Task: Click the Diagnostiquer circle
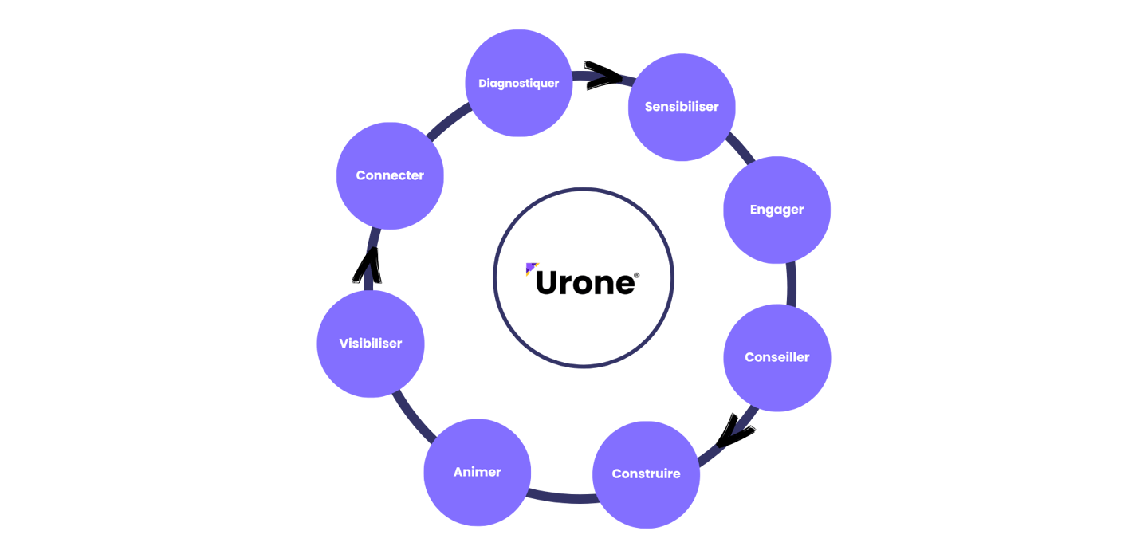pyautogui.click(x=518, y=83)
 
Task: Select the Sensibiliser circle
pyautogui.click(x=682, y=107)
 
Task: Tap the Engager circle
pyautogui.click(x=776, y=210)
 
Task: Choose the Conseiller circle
pyautogui.click(x=776, y=357)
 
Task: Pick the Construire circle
pyautogui.click(x=646, y=474)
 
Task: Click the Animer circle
pyautogui.click(x=477, y=472)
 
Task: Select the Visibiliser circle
pyautogui.click(x=371, y=344)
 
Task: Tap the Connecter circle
pyautogui.click(x=390, y=175)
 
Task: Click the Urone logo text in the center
pyautogui.click(x=586, y=282)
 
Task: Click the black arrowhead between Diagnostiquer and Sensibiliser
pyautogui.click(x=603, y=76)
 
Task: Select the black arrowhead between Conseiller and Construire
pyautogui.click(x=735, y=431)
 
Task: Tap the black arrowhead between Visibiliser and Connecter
pyautogui.click(x=368, y=266)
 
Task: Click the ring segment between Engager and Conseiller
pyautogui.click(x=791, y=284)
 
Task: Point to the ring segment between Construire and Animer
pyautogui.click(x=562, y=497)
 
